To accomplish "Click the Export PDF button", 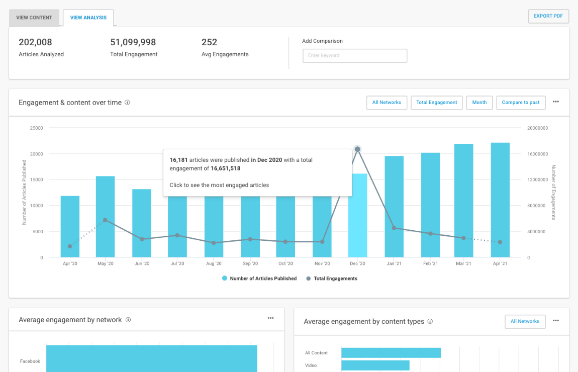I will click(548, 16).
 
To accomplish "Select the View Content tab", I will click(34, 18).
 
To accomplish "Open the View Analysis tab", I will click(88, 18).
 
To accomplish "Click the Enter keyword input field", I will click(354, 55).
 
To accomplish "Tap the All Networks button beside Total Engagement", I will click(387, 103).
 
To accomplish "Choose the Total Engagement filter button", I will click(436, 103).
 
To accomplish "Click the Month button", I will click(479, 103).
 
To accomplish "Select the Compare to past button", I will click(520, 103).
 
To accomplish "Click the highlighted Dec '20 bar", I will click(357, 221).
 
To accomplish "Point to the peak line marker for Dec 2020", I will click(357, 149).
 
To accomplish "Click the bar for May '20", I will click(105, 217).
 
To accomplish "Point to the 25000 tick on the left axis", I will click(36, 128).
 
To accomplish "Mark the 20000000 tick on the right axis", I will click(537, 128).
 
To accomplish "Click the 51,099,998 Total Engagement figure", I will click(133, 42).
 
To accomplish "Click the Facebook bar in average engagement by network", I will click(151, 358).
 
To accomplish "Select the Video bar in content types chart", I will click(375, 365).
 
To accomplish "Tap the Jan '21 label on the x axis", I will click(394, 263).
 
